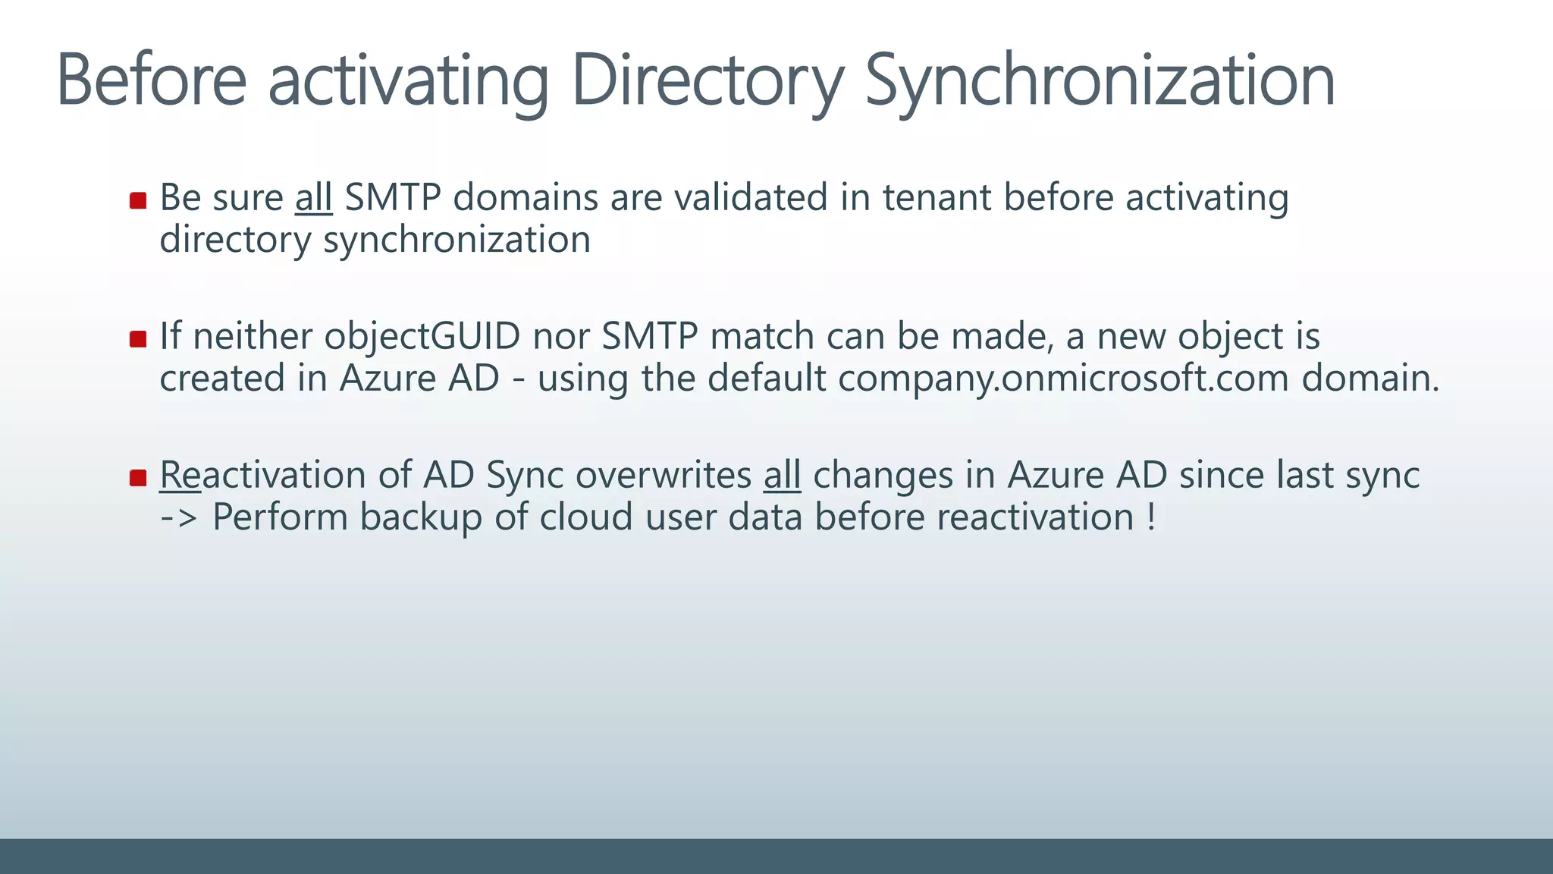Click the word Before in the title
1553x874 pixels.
(152, 80)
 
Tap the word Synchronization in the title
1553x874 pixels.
(1100, 80)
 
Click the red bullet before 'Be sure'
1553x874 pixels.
(138, 200)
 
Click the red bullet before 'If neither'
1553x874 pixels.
(138, 339)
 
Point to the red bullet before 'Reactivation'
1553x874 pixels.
(138, 478)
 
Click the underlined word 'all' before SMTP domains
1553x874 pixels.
(313, 197)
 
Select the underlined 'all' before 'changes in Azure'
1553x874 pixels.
(782, 475)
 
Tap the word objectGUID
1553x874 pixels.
(422, 336)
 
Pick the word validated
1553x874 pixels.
(750, 197)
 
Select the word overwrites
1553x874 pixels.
(664, 475)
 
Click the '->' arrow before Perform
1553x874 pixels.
(179, 517)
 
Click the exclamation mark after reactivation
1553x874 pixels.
(1151, 517)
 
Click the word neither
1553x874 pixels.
(253, 336)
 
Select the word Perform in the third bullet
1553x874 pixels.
(279, 517)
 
